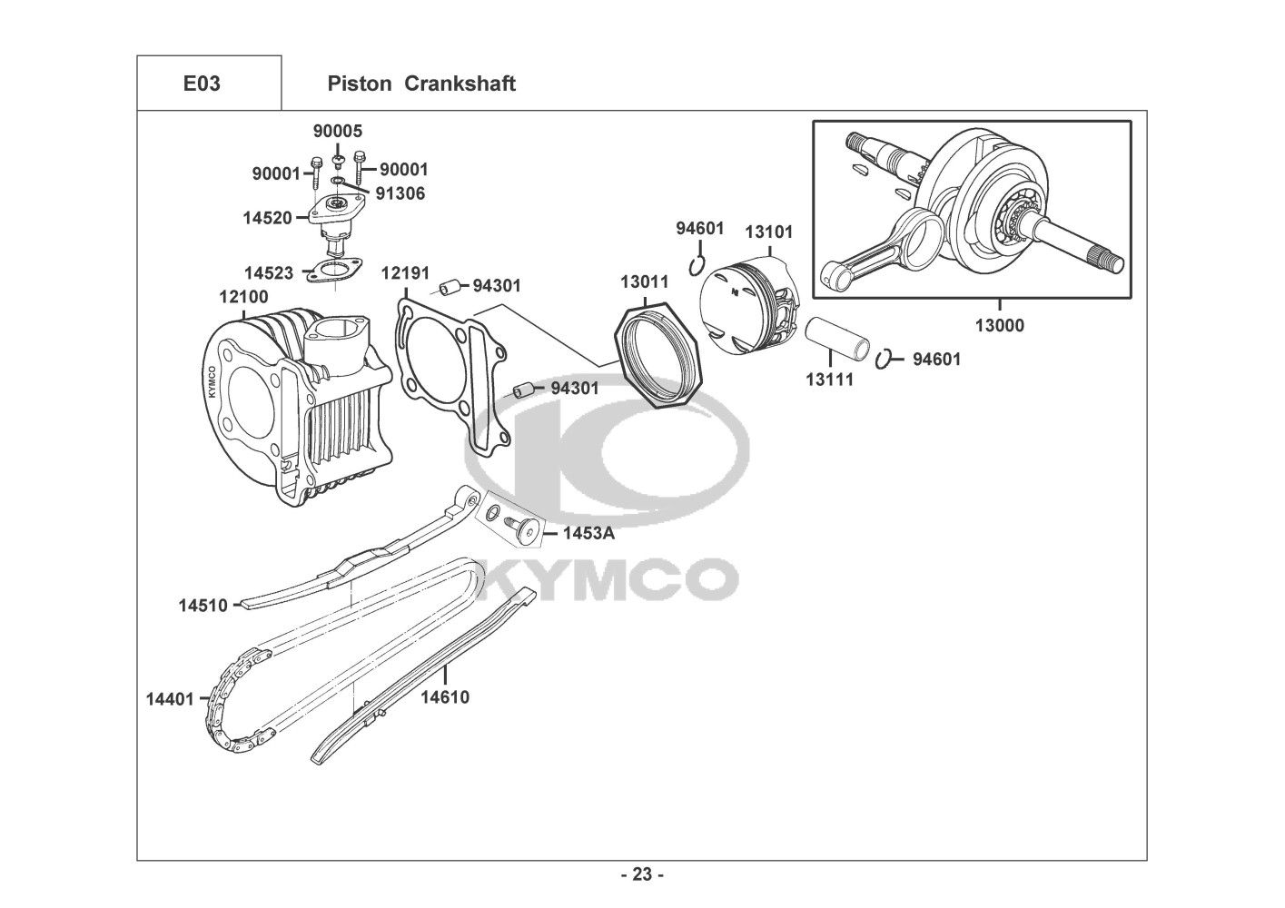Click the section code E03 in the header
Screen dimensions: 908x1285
point(202,84)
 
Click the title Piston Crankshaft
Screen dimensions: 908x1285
point(420,84)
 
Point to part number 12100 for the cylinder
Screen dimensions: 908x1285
point(243,297)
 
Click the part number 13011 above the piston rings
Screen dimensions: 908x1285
point(645,281)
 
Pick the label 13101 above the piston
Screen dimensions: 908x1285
point(768,232)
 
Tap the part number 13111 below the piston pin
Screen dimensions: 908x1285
point(829,380)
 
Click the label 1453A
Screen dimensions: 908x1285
point(588,533)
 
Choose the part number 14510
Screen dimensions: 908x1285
point(203,605)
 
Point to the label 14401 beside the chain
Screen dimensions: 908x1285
point(171,699)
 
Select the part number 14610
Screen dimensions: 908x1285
point(445,697)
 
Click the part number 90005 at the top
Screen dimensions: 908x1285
point(338,131)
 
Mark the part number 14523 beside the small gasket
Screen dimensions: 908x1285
point(269,272)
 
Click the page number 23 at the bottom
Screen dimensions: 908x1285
point(642,875)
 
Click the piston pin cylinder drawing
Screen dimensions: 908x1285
point(838,338)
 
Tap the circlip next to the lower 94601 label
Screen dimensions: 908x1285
point(886,360)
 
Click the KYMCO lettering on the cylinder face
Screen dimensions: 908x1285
point(212,381)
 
